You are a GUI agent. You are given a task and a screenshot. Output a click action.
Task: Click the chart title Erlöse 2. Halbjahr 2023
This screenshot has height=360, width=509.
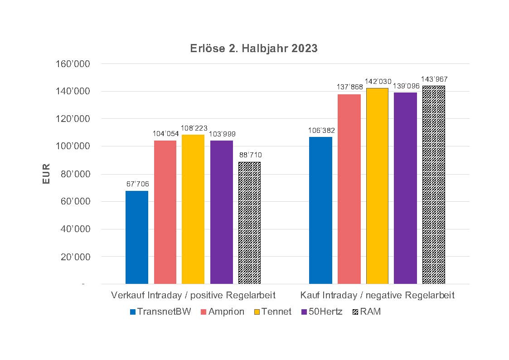254,49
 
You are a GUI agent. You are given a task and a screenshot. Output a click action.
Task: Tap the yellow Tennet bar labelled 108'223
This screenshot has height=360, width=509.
193,209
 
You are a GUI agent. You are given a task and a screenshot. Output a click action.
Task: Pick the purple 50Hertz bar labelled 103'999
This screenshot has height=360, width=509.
222,212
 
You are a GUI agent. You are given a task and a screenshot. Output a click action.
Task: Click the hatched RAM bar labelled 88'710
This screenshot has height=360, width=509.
250,223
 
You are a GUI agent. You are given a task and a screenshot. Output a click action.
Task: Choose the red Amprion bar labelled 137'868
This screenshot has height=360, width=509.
349,189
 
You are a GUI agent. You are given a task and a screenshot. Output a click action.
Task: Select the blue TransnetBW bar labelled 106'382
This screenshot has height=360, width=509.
320,210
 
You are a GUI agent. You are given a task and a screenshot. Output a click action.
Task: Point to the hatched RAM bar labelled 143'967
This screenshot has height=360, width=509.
434,185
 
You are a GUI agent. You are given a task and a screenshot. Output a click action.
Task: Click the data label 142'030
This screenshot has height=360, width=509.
378,82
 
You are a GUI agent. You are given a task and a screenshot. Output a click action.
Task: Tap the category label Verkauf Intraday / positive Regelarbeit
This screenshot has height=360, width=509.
194,296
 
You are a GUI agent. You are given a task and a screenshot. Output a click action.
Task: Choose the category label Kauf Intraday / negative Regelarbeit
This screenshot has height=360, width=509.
377,296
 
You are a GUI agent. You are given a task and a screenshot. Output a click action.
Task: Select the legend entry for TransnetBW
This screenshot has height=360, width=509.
160,312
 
